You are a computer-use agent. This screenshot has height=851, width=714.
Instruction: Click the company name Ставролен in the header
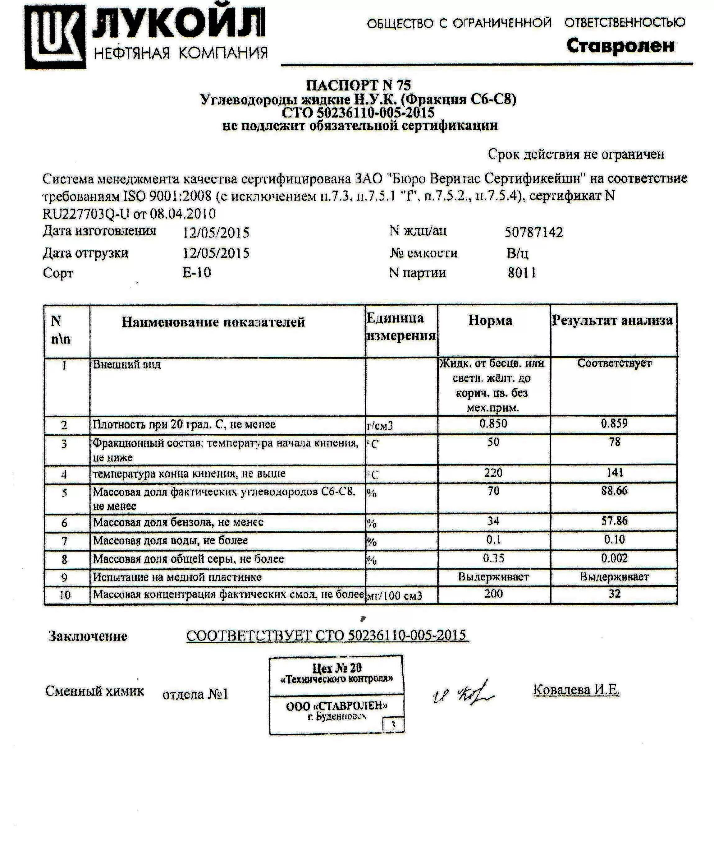pyautogui.click(x=620, y=46)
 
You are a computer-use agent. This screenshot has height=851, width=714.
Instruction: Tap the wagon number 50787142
pyautogui.click(x=533, y=232)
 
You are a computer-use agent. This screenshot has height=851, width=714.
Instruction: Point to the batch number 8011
pyautogui.click(x=522, y=273)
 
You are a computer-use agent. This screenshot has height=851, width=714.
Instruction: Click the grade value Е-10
pyautogui.click(x=196, y=272)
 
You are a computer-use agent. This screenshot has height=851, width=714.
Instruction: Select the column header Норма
pyautogui.click(x=490, y=321)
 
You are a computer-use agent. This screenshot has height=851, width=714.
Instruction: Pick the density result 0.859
pyautogui.click(x=614, y=423)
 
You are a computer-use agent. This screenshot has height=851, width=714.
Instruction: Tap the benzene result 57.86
pyautogui.click(x=614, y=521)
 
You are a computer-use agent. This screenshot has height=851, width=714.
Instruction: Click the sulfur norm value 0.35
pyautogui.click(x=493, y=558)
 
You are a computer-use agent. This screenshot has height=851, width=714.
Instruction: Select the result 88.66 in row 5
pyautogui.click(x=614, y=491)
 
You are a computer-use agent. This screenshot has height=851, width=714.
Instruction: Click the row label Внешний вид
pyautogui.click(x=127, y=364)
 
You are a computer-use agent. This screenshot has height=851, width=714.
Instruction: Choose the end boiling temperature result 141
pyautogui.click(x=614, y=473)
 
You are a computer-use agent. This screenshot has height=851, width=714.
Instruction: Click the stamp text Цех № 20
pyautogui.click(x=336, y=668)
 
